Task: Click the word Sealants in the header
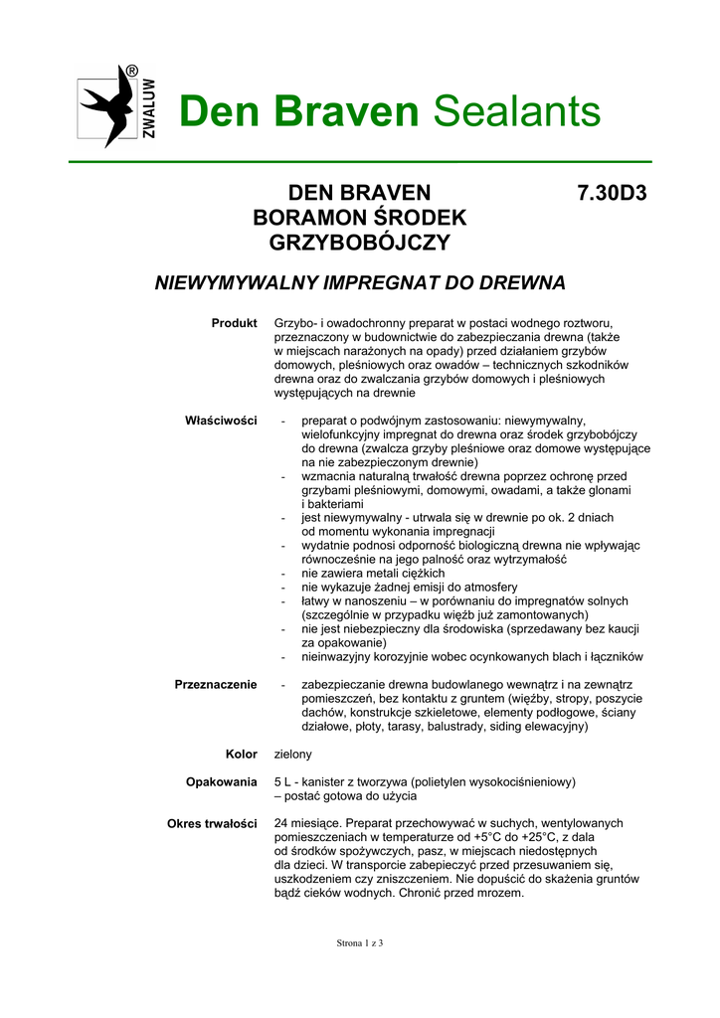point(517,112)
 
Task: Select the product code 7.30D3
point(611,193)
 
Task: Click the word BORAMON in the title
point(306,218)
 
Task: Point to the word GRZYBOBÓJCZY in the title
point(360,243)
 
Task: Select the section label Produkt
point(234,324)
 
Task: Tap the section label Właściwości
point(221,421)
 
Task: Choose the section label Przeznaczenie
point(216,684)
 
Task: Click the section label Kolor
point(241,755)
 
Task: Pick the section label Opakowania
point(221,782)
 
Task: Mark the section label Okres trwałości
point(212,824)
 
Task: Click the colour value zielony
point(292,755)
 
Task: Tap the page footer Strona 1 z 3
point(359,942)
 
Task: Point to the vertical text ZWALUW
point(149,108)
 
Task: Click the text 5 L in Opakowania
point(283,782)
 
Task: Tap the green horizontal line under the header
point(360,161)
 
